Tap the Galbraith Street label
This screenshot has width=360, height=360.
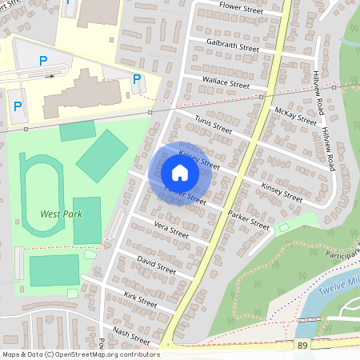[x=233, y=45]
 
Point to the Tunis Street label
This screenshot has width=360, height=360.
[x=214, y=127]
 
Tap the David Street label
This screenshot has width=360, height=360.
[x=156, y=265]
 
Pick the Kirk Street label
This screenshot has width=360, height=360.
[x=141, y=300]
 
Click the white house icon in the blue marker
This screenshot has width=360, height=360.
[x=180, y=173]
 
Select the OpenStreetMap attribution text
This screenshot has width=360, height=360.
[x=80, y=354]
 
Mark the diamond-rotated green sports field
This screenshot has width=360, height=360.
[x=102, y=156]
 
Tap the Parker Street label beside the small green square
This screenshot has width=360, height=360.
[x=249, y=220]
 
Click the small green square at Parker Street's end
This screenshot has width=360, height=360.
[x=282, y=229]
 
